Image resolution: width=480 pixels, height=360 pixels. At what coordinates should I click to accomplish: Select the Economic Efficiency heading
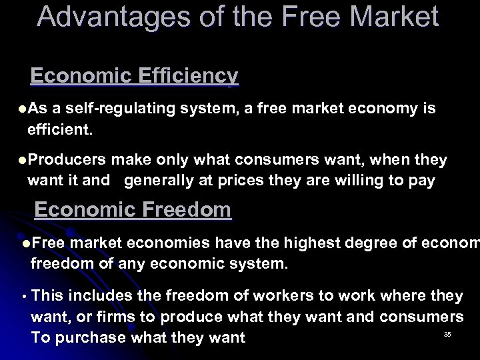coord(134,77)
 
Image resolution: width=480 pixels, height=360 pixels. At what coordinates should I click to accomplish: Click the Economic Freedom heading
coord(133,210)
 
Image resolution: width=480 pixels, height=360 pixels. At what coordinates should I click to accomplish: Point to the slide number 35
coord(447,334)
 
